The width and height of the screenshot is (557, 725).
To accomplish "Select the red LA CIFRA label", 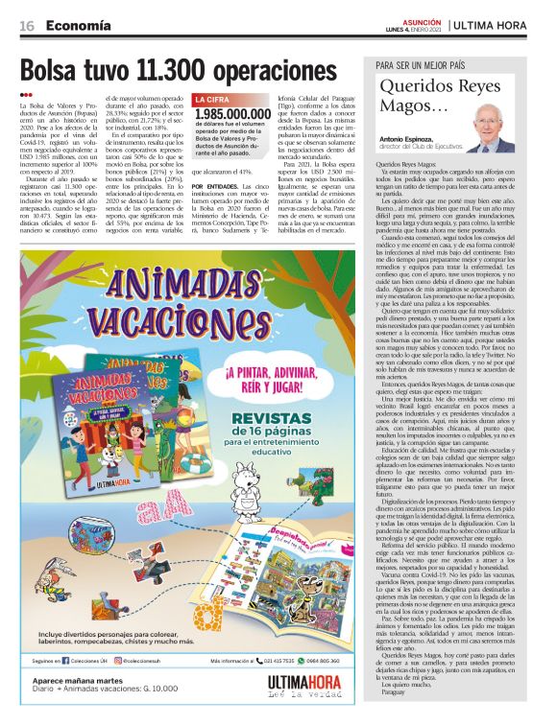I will pyautogui.click(x=212, y=100).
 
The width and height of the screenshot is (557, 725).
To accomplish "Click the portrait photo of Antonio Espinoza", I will pyautogui.click(x=495, y=129).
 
